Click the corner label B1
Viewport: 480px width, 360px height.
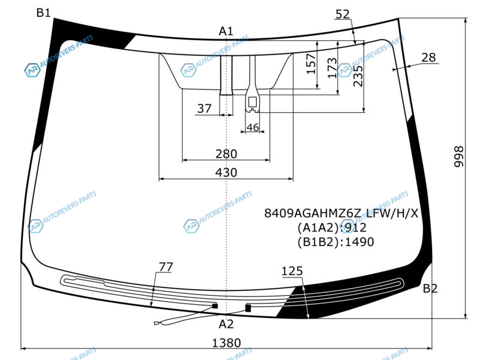43,13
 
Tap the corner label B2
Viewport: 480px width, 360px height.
430,289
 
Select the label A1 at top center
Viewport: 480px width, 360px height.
226,31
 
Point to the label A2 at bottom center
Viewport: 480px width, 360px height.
226,324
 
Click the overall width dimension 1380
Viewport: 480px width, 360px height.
227,343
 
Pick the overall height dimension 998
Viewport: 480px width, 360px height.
458,157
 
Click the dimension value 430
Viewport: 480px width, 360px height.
226,172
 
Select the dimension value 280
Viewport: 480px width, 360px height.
226,154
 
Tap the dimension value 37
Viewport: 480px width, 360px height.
204,109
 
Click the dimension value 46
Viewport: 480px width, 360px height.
253,127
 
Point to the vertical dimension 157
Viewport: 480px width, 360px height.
311,64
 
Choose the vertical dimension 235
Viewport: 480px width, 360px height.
358,76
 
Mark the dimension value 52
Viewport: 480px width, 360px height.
343,14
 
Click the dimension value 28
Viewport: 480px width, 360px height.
428,57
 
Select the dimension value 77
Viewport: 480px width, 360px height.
166,267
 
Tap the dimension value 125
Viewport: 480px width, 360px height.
292,271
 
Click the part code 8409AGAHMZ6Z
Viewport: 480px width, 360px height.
313,213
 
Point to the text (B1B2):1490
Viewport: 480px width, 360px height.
335,242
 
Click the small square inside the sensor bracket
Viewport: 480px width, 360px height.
252,102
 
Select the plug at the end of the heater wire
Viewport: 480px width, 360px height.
157,323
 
